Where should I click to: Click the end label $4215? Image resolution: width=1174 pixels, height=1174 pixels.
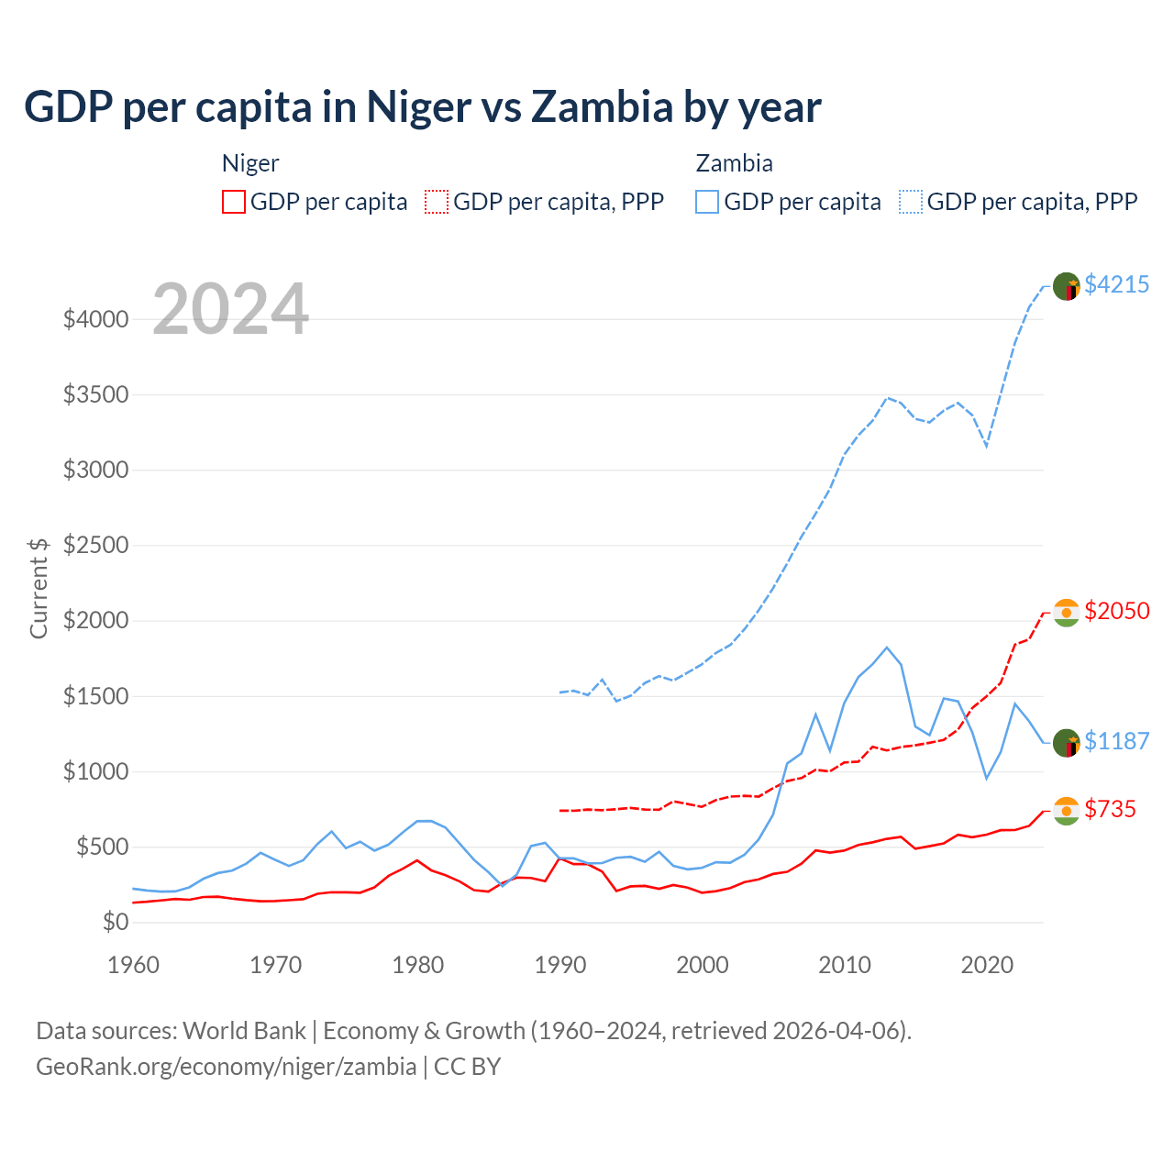click(1116, 284)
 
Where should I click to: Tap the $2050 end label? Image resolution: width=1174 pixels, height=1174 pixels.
click(1116, 611)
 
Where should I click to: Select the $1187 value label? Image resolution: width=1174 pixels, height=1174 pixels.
click(1116, 741)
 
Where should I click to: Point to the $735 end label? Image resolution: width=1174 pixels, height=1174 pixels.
click(1110, 809)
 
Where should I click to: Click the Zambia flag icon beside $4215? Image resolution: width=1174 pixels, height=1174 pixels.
click(1066, 286)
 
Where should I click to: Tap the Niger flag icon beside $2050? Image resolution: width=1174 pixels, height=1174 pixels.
click(1066, 612)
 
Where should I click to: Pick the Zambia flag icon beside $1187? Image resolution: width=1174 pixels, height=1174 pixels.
click(1066, 743)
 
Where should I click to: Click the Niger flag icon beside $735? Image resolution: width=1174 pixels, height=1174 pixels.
click(1066, 811)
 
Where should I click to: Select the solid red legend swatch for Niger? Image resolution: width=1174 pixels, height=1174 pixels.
click(234, 202)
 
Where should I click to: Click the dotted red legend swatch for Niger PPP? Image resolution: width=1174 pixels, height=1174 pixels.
click(437, 202)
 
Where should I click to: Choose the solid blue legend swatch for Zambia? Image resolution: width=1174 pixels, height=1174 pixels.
click(707, 202)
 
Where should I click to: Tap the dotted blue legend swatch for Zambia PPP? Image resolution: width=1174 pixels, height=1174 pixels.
click(911, 202)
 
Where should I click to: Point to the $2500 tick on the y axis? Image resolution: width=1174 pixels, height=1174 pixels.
click(95, 545)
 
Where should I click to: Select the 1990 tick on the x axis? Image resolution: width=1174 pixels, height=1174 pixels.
click(560, 965)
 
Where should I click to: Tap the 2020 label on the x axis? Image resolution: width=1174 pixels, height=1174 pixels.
click(987, 965)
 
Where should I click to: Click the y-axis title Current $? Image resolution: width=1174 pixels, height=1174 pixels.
click(39, 587)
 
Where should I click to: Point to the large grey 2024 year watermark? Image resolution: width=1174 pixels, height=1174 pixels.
click(230, 309)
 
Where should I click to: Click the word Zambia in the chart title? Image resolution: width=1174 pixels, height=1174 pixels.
click(602, 107)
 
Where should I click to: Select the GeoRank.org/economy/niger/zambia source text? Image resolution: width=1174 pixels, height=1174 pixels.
click(226, 1067)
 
